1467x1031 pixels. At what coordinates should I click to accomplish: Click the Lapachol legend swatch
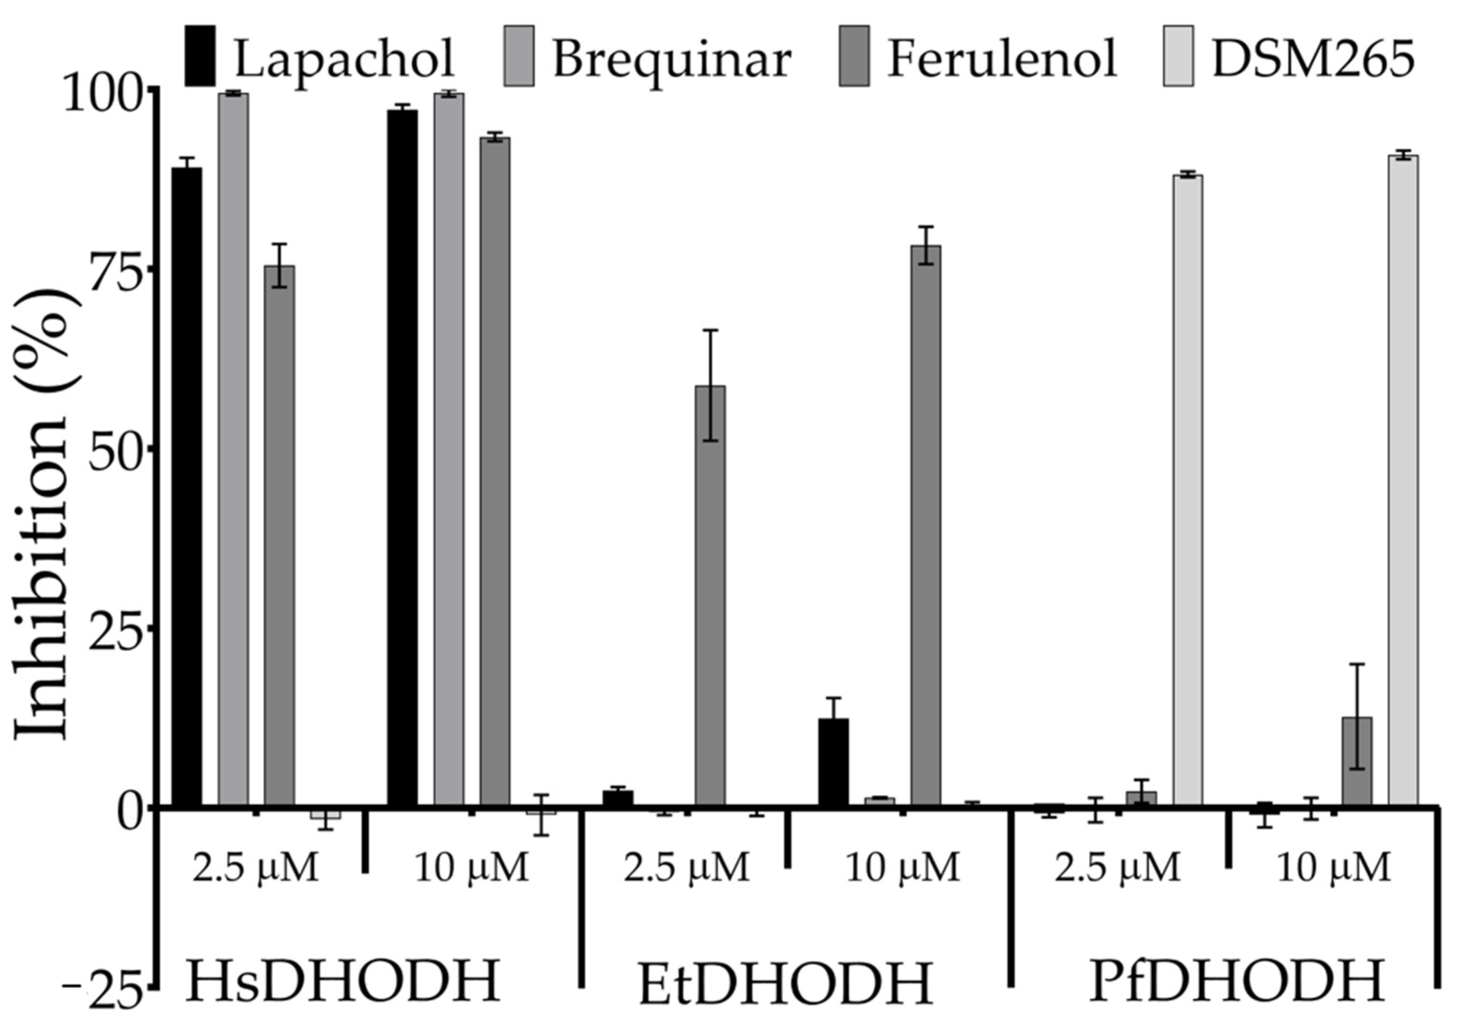(x=200, y=56)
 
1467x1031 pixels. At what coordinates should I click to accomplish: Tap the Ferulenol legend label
(x=1002, y=58)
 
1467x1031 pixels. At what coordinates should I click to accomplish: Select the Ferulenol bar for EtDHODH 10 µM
(x=926, y=524)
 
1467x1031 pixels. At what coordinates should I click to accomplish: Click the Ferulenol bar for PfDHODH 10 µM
(x=1357, y=761)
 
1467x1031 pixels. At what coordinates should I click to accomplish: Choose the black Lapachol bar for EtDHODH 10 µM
(x=834, y=761)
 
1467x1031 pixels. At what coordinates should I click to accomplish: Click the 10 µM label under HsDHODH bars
(x=471, y=867)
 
